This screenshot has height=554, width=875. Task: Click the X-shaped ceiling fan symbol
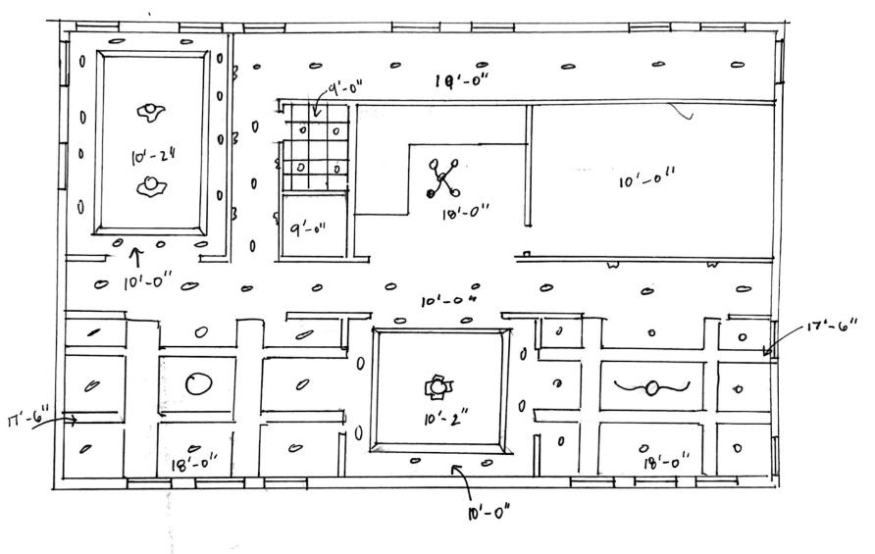click(443, 179)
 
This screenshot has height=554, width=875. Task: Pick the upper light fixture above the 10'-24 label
click(150, 112)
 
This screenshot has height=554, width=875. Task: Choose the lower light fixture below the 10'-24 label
click(150, 185)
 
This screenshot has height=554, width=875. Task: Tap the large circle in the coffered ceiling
click(197, 383)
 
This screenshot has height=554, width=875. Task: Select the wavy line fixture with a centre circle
click(650, 388)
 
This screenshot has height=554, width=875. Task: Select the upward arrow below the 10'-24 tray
click(137, 258)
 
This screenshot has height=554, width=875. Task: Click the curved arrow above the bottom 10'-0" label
click(461, 480)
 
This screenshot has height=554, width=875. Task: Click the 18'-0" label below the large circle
click(194, 464)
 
